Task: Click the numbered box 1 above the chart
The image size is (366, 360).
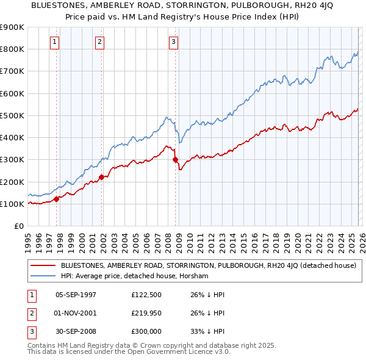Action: (55, 42)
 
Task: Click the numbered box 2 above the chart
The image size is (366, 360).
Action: (99, 42)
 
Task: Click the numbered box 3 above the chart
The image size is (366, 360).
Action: (173, 42)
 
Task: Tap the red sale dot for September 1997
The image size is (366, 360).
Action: (56, 198)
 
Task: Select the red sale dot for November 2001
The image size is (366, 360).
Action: (101, 177)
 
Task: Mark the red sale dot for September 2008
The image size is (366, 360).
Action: (176, 160)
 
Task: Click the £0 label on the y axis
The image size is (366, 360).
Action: (18, 226)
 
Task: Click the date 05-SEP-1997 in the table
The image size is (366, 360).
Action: (76, 294)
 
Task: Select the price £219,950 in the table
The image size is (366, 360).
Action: (147, 313)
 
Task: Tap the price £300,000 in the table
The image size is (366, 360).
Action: (147, 332)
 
